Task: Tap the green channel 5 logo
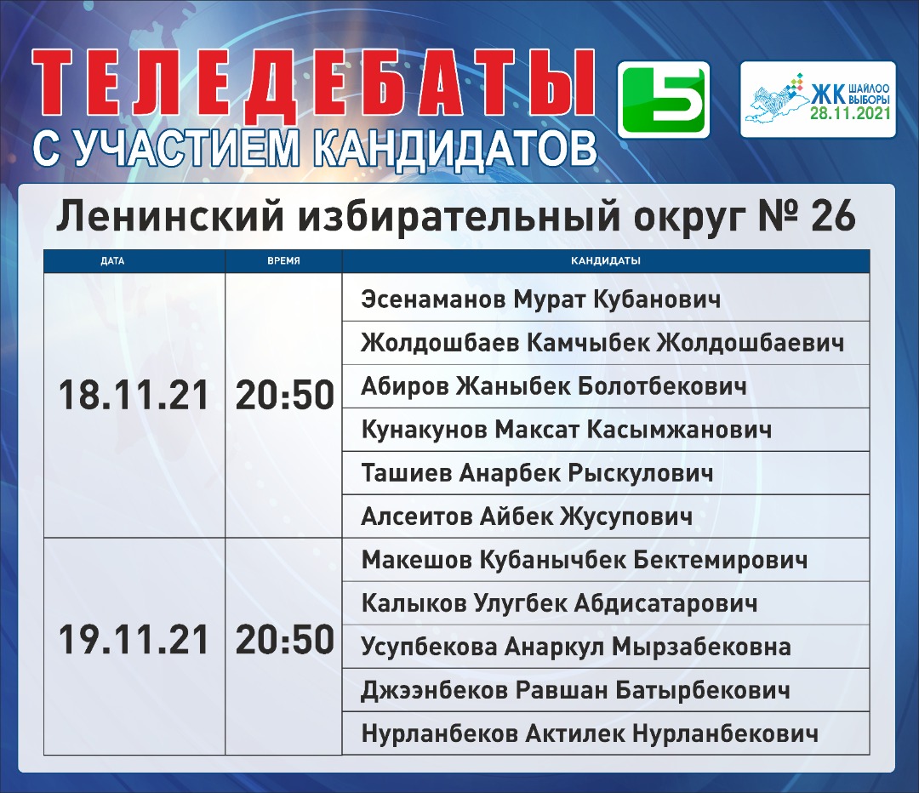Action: [x=664, y=100]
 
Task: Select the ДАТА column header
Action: [x=112, y=261]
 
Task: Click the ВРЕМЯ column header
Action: [x=283, y=261]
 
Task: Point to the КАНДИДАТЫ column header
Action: [x=606, y=261]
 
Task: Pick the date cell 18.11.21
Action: [x=134, y=395]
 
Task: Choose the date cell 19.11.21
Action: [x=134, y=639]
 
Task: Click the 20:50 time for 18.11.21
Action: [x=285, y=395]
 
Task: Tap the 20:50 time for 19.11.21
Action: [x=285, y=639]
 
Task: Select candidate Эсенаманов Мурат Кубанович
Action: [x=541, y=300]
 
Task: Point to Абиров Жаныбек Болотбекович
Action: [x=554, y=386]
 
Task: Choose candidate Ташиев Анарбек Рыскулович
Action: [x=538, y=473]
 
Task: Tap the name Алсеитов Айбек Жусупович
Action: [x=527, y=516]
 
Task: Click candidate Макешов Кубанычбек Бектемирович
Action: [x=585, y=560]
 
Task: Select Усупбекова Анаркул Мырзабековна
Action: [x=576, y=647]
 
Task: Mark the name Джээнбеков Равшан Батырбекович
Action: [x=575, y=690]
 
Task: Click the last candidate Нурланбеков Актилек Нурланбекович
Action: [x=590, y=733]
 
